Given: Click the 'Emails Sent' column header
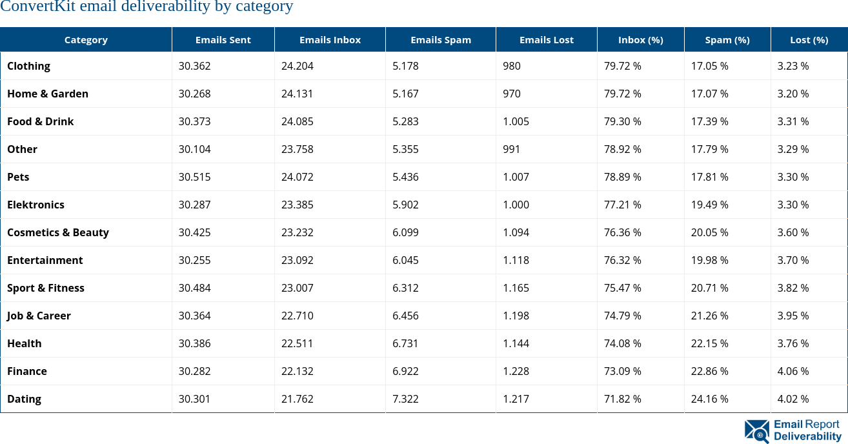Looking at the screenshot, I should [223, 40].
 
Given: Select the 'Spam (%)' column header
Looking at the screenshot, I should [727, 40].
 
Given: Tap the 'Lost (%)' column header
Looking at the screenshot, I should [809, 40].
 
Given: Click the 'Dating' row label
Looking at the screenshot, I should [24, 399].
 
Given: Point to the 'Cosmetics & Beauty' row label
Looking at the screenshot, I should [58, 232].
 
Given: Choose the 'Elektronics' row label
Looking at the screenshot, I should [35, 205].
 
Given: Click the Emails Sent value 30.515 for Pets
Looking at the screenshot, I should [194, 177].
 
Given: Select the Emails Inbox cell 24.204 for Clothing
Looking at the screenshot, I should [297, 66].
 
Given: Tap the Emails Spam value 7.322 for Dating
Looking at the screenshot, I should [405, 399].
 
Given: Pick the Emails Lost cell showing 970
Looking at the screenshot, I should [512, 94].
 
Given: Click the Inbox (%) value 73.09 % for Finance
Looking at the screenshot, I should [622, 371].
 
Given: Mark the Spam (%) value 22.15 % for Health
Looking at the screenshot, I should [709, 343].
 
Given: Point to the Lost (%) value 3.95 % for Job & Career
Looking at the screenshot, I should [792, 316].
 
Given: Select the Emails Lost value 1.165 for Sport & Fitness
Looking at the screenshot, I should [516, 288].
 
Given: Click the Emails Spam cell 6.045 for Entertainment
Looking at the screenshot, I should [405, 260].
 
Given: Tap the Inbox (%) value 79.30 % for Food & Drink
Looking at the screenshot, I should [622, 121].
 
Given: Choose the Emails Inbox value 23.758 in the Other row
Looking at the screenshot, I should [297, 149].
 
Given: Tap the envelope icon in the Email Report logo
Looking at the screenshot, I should [756, 431].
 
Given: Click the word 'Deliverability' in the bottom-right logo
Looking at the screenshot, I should [807, 437].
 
